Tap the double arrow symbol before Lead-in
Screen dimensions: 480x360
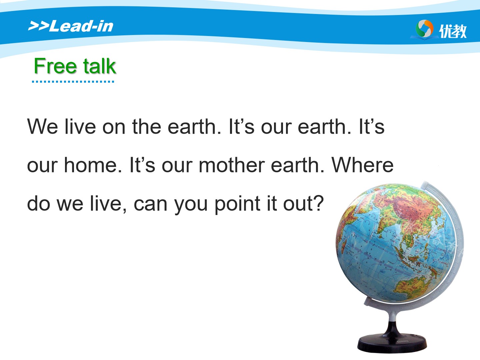pyautogui.click(x=38, y=26)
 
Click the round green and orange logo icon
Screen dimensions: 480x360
pyautogui.click(x=424, y=29)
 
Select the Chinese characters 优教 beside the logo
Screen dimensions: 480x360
pyautogui.click(x=452, y=31)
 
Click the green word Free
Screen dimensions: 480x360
pyautogui.click(x=55, y=66)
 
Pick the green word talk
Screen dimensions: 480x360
pyautogui.click(x=99, y=66)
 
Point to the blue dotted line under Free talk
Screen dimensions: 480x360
pyautogui.click(x=73, y=82)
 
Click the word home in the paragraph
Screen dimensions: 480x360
pyautogui.click(x=93, y=165)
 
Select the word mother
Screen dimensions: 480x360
pyautogui.click(x=232, y=165)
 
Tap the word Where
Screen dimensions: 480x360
pyautogui.click(x=363, y=165)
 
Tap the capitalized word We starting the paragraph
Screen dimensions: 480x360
pyautogui.click(x=43, y=126)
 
